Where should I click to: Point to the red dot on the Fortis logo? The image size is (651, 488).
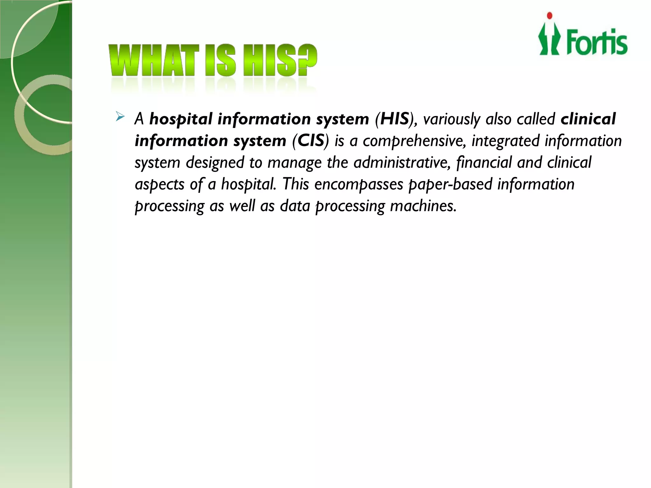point(549,16)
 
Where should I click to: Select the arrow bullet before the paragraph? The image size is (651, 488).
point(120,117)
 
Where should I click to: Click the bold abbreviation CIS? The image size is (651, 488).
point(311,141)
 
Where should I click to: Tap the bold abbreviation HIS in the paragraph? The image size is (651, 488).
point(394,119)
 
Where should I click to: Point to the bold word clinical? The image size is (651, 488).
point(588,119)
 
